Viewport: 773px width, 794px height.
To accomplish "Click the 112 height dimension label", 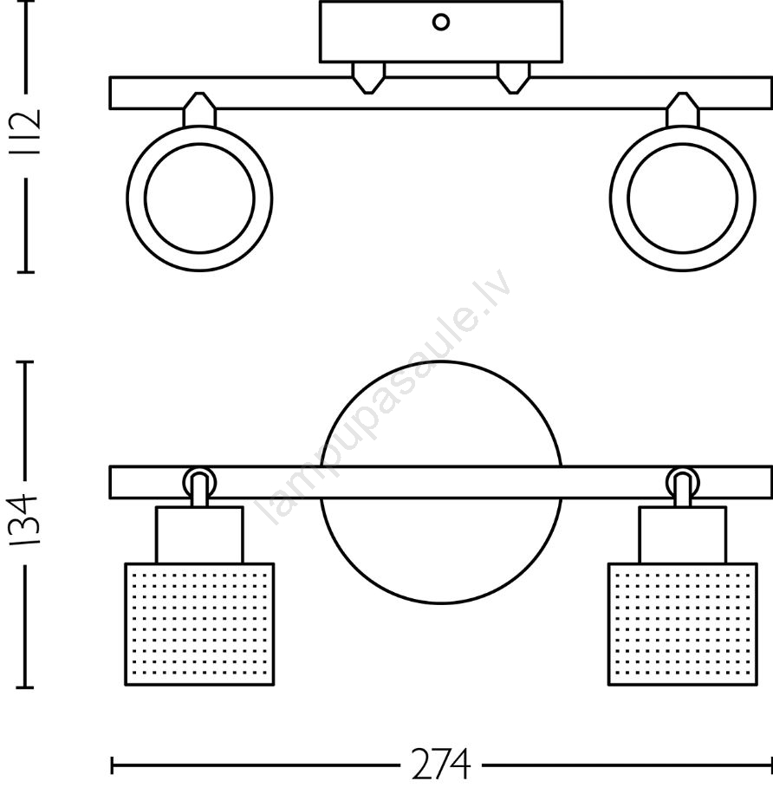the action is click(26, 133).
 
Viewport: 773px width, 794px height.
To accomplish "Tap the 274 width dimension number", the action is click(440, 765).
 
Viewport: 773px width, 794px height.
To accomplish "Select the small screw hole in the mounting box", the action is click(440, 23).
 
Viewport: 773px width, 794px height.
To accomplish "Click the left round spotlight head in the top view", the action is click(199, 198).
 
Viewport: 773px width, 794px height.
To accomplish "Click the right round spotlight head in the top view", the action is click(682, 198).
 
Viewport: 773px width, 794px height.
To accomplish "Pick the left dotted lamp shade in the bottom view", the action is click(199, 624).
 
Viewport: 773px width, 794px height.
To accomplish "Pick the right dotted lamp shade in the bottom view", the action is click(682, 624).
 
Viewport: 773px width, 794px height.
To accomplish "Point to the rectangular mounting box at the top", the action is click(441, 31).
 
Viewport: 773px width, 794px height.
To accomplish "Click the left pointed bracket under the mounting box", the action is click(368, 78).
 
